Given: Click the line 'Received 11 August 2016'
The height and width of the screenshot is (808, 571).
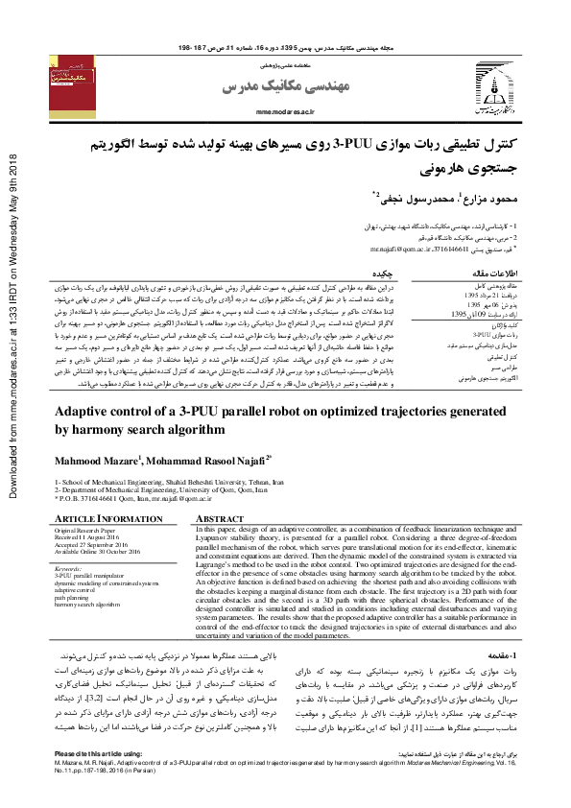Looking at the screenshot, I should (x=92, y=536).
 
